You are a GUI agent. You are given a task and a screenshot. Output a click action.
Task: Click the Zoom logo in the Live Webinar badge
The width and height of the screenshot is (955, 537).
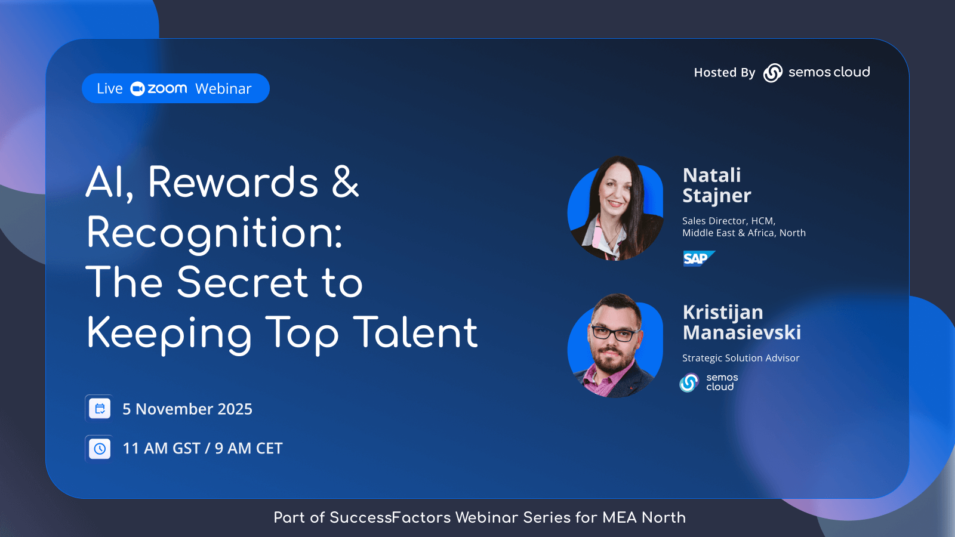pos(159,89)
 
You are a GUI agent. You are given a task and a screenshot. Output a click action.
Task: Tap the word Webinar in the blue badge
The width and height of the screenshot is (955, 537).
pos(223,89)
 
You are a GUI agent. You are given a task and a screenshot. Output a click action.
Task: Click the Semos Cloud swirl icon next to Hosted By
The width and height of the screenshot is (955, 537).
pos(772,72)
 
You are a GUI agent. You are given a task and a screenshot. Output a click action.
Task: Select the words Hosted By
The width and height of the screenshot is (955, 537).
pos(725,72)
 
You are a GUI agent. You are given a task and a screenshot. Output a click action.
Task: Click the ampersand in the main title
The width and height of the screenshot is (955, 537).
pos(346,182)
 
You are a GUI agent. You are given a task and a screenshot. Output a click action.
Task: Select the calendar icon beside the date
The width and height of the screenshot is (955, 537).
pos(99,408)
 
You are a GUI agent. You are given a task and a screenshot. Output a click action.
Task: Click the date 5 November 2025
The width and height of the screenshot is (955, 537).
pos(187,409)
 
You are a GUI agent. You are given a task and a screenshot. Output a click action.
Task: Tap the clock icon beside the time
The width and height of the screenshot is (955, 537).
pos(99,448)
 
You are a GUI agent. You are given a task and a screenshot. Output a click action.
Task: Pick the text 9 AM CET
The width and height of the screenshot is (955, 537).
pos(248,448)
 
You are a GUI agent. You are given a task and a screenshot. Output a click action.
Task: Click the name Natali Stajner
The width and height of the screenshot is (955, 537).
pos(717,186)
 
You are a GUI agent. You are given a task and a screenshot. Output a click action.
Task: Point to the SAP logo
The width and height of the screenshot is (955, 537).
pos(699,258)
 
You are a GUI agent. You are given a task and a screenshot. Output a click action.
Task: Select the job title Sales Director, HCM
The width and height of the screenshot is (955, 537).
pos(729,221)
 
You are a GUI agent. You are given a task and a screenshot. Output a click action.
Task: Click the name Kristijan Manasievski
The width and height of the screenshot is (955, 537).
pos(742,322)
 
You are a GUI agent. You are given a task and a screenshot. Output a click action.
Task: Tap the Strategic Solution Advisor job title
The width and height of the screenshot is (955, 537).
pos(741,358)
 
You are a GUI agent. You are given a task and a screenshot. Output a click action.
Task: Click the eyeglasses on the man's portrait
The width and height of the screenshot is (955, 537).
pos(615,333)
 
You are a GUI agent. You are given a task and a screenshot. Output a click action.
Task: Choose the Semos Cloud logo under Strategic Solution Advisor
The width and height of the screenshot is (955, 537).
pos(708,382)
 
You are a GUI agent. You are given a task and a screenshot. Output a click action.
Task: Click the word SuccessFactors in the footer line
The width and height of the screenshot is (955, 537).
pos(390,518)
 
